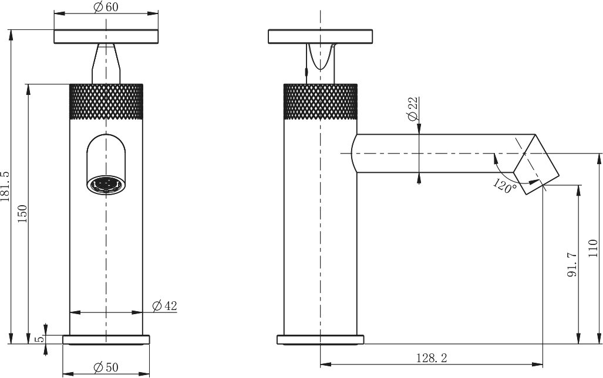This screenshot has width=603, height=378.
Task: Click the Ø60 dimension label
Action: pos(106,7)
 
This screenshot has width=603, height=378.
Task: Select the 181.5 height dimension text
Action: pos(5,186)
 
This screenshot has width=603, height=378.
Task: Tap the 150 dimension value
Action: pos(23,214)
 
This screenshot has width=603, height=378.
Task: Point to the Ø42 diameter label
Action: pos(164,306)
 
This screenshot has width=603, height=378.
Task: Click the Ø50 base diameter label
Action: pos(106,367)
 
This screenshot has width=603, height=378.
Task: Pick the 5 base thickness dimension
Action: pos(38,339)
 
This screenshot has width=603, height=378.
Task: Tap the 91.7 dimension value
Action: pos(572,264)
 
